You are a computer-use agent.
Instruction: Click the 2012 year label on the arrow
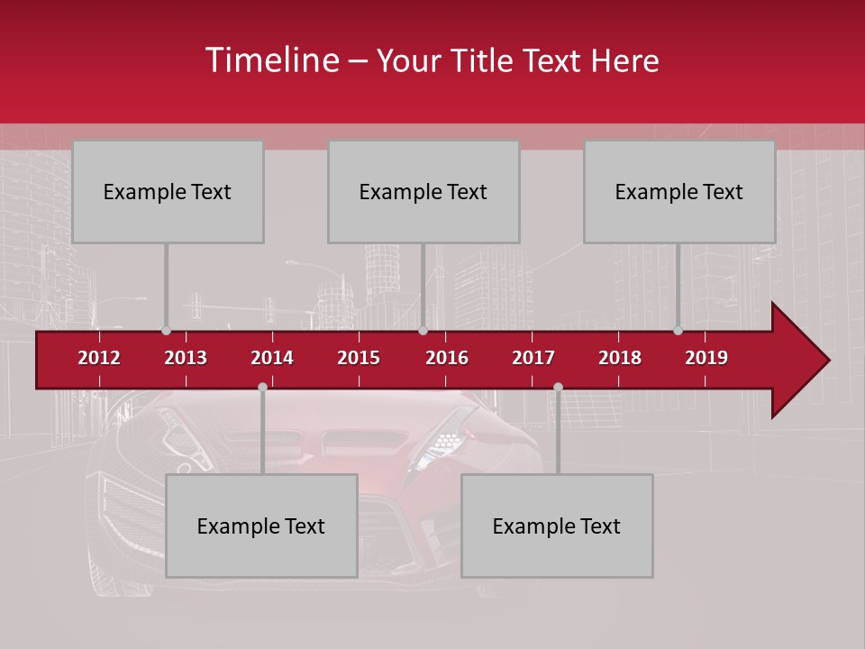pos(99,358)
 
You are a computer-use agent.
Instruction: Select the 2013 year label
pos(186,358)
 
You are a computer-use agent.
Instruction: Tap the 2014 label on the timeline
pos(272,358)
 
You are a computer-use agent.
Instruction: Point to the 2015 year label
pos(359,358)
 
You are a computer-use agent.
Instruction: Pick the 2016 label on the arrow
pos(447,358)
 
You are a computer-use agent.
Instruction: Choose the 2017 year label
pos(533,358)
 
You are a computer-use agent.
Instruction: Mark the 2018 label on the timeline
pos(620,358)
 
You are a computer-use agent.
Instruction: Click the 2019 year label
pos(706,358)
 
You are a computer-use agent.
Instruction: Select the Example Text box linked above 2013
pos(168,191)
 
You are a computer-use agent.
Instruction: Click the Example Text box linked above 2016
pos(423,191)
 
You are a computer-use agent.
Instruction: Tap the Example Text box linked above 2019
pos(679,191)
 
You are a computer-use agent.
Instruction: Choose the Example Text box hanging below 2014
pos(261,526)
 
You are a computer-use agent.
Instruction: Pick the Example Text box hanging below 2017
pos(557,526)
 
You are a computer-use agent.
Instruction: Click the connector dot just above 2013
pos(166,331)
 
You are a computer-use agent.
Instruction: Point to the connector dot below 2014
pos(262,387)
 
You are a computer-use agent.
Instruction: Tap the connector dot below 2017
pos(558,387)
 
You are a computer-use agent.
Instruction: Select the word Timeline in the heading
pos(273,60)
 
